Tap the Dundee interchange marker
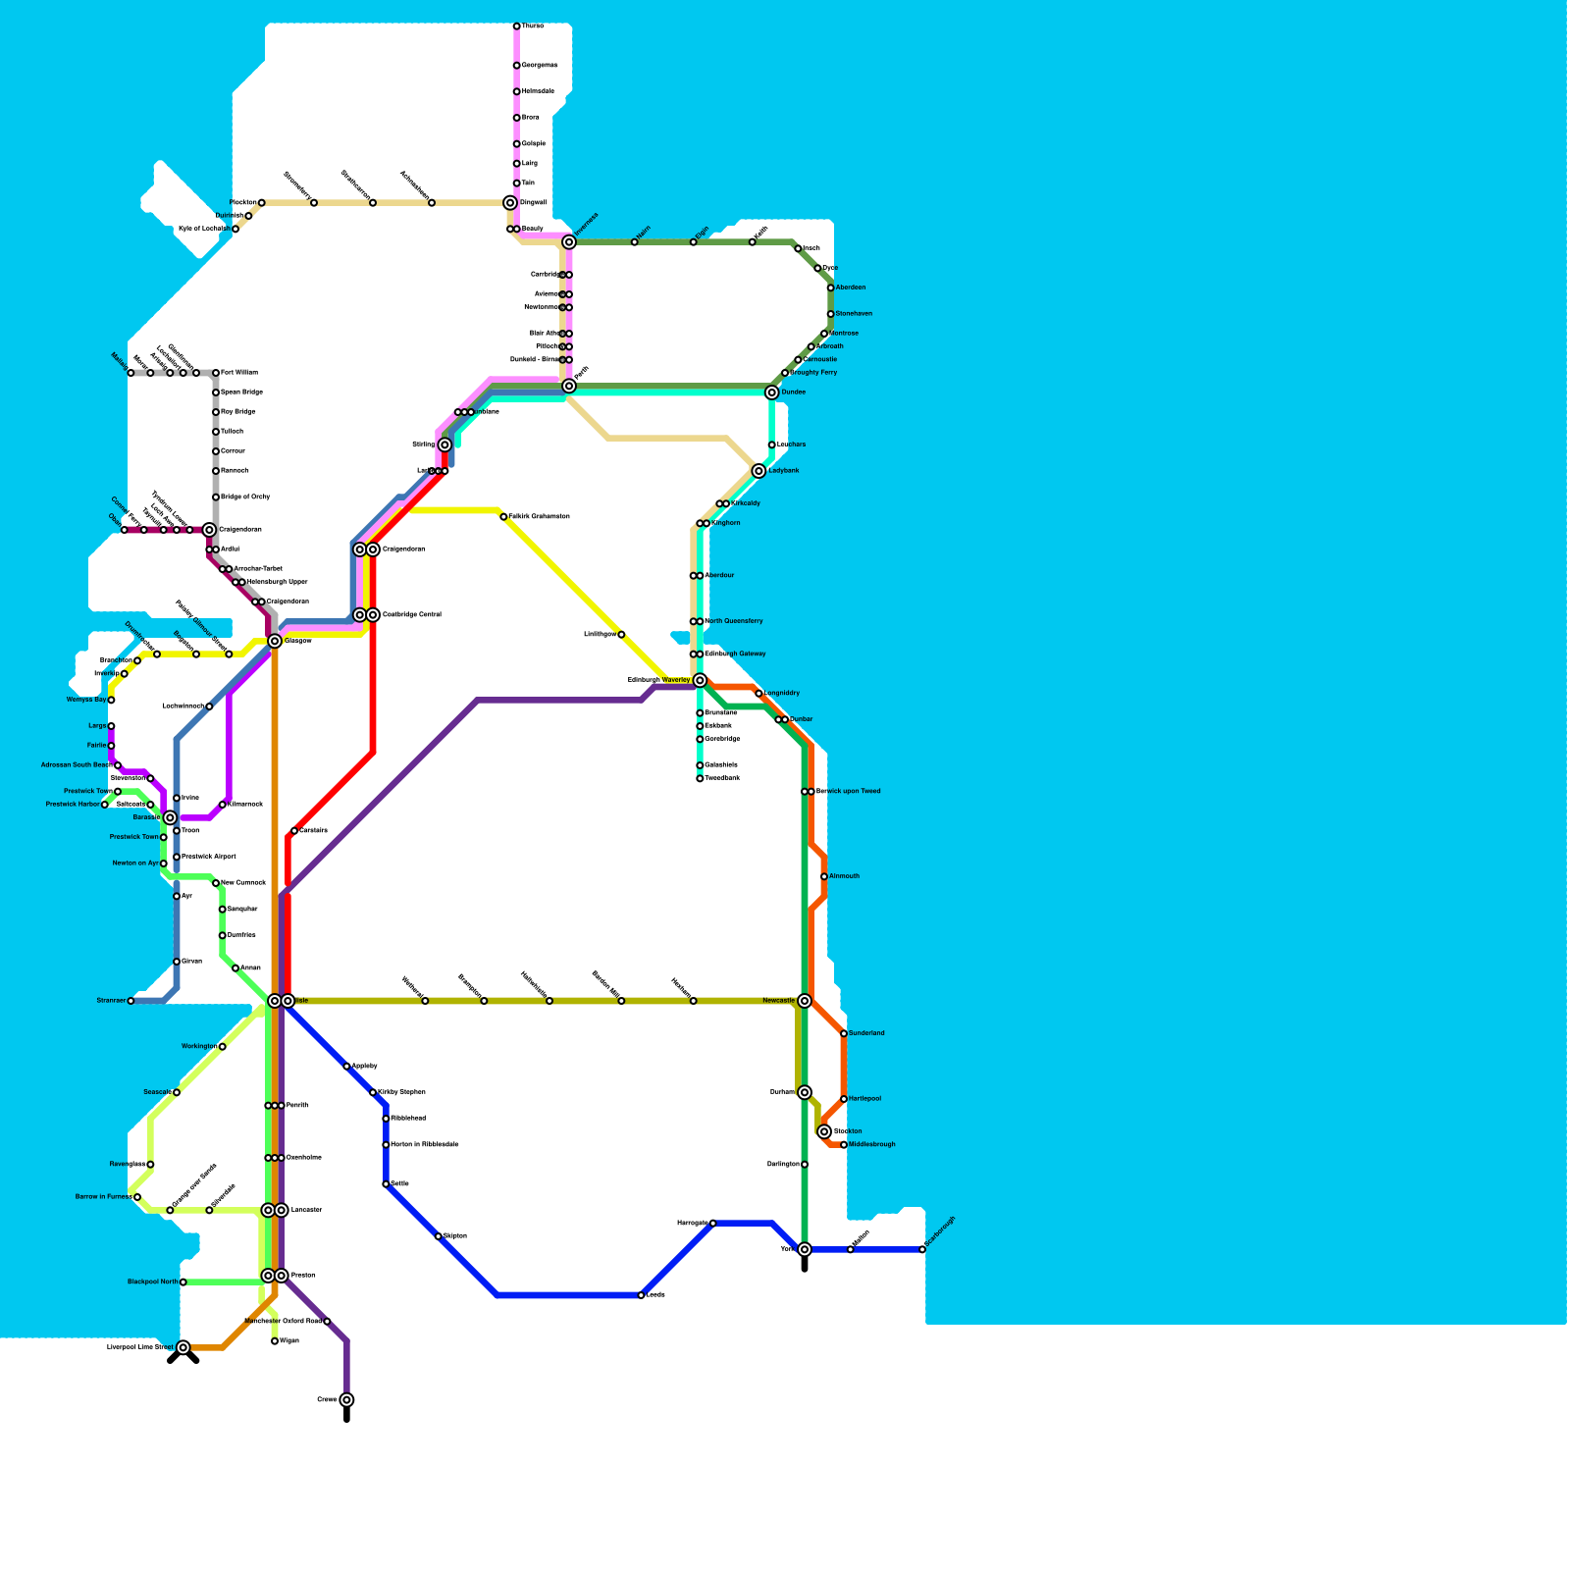pyautogui.click(x=772, y=392)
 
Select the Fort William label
pyautogui.click(x=239, y=373)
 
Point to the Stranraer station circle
pyautogui.click(x=131, y=1001)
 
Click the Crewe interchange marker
pyautogui.click(x=346, y=1400)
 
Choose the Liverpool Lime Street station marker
pyautogui.click(x=183, y=1347)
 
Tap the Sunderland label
pyautogui.click(x=866, y=1033)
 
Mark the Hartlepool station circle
pyautogui.click(x=844, y=1099)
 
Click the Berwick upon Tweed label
pyautogui.click(x=849, y=791)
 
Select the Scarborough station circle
pyautogui.click(x=922, y=1249)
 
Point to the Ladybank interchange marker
pyautogui.click(x=759, y=471)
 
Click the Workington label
pyautogui.click(x=199, y=1047)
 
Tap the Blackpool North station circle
pyautogui.click(x=183, y=1282)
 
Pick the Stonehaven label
pyautogui.click(x=854, y=314)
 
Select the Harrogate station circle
pyautogui.click(x=713, y=1223)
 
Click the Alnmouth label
pyautogui.click(x=844, y=876)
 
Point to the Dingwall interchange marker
pyautogui.click(x=510, y=203)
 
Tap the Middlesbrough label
pyautogui.click(x=871, y=1144)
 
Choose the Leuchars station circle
pyautogui.click(x=772, y=445)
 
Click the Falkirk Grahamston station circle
pyautogui.click(x=503, y=516)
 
